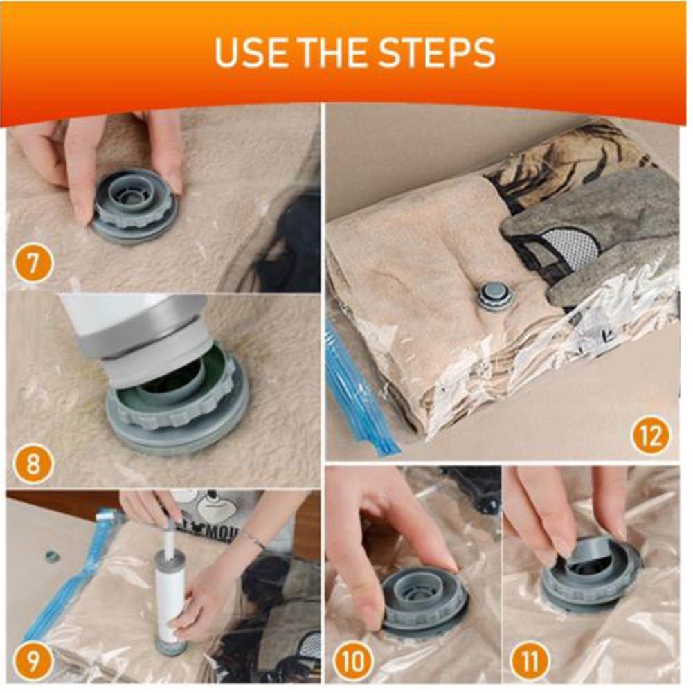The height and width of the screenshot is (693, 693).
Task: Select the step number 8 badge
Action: point(33,464)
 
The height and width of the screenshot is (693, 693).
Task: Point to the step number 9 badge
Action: point(33,662)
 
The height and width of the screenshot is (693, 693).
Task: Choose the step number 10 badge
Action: point(354,662)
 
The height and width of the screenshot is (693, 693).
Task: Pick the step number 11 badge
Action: point(530,662)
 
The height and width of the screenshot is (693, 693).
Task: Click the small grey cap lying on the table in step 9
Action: point(52,556)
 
